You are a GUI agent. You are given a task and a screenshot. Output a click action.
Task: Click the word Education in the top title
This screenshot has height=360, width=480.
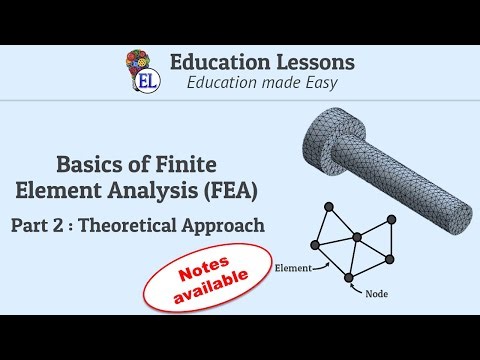pos(218,61)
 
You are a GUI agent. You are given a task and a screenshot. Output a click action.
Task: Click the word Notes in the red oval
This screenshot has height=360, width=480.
pos(209,268)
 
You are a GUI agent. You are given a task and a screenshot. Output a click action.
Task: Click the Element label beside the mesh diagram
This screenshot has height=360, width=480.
pos(290,267)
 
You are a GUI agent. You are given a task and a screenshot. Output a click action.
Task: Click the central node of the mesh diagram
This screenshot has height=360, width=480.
pos(355,238)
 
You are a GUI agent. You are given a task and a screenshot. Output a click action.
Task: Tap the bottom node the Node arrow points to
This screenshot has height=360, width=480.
pos(349,276)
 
